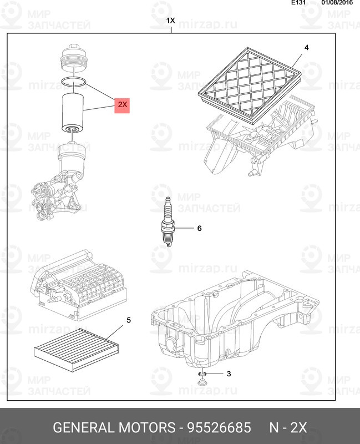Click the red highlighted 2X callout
pyautogui.click(x=122, y=105)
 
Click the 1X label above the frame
pyautogui.click(x=170, y=21)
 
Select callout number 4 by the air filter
pyautogui.click(x=307, y=48)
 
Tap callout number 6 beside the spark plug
pyautogui.click(x=199, y=228)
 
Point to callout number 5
pyautogui.click(x=129, y=320)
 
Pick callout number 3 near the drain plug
pyautogui.click(x=229, y=374)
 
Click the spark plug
pyautogui.click(x=168, y=221)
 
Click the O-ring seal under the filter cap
pyautogui.click(x=73, y=81)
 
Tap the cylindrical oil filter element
pyautogui.click(x=73, y=113)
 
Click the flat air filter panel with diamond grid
pyautogui.click(x=249, y=85)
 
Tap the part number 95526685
pyautogui.click(x=219, y=427)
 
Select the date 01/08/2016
pyautogui.click(x=337, y=3)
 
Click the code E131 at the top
pyautogui.click(x=298, y=3)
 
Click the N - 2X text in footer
pyautogui.click(x=288, y=427)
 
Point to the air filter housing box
pyautogui.click(x=260, y=139)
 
